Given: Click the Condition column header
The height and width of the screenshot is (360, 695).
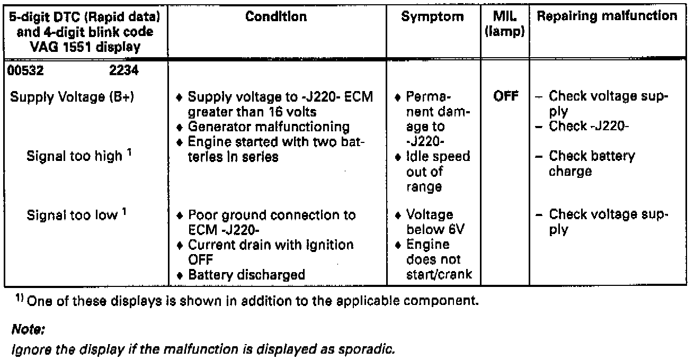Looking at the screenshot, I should click(276, 17).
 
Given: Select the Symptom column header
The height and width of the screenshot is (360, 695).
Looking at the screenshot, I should click(432, 17).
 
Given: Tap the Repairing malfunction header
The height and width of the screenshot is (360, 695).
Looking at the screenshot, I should click(607, 16).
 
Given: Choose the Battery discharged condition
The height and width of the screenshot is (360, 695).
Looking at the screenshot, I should click(246, 275).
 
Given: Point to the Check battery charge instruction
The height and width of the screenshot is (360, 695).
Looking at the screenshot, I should click(591, 164).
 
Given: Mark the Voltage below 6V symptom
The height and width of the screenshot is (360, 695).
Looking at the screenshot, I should click(430, 222).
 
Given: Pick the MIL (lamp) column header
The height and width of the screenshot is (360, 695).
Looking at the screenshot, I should click(505, 24).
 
